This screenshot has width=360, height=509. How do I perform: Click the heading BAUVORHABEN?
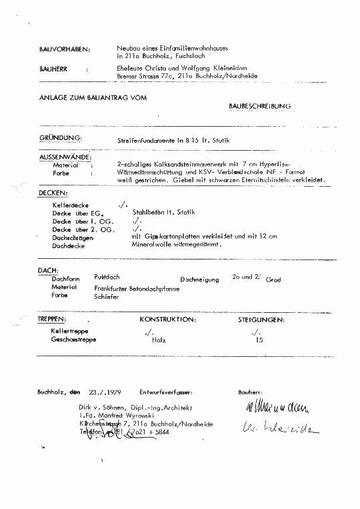[64, 49]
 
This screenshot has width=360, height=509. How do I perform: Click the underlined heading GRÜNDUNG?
[60, 137]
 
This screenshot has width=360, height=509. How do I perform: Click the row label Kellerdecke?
[71, 204]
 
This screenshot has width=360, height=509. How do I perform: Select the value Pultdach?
[107, 276]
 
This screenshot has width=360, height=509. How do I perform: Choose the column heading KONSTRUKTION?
[167, 320]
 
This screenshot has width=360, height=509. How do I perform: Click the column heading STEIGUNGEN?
[261, 320]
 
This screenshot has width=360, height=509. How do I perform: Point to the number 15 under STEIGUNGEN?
[259, 340]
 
